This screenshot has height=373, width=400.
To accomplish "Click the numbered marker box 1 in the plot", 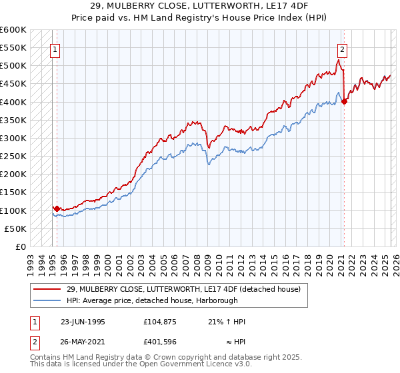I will pyautogui.click(x=54, y=49).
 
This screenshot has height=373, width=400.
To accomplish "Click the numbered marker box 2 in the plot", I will pyautogui.click(x=342, y=49).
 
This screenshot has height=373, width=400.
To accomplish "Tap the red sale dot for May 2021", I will pyautogui.click(x=345, y=101).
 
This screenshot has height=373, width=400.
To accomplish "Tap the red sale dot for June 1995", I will pyautogui.click(x=57, y=208).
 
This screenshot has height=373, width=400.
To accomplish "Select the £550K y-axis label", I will pyautogui.click(x=13, y=48).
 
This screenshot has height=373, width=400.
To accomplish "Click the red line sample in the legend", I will pyautogui.click(x=48, y=288).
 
